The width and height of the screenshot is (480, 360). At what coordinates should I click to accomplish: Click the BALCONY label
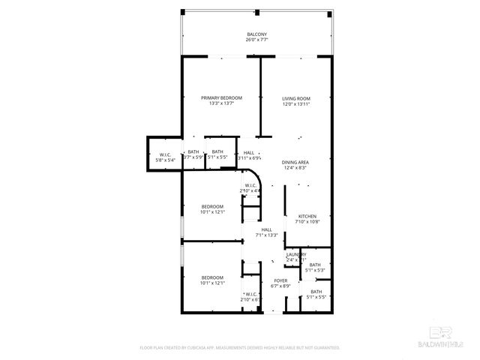pyautogui.click(x=256, y=34)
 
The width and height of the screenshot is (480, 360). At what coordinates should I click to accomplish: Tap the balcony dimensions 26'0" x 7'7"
pyautogui.click(x=256, y=40)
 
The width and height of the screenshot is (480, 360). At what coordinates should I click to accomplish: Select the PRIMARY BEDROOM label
pyautogui.click(x=221, y=98)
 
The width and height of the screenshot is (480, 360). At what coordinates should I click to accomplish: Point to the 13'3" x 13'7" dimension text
pyautogui.click(x=221, y=103)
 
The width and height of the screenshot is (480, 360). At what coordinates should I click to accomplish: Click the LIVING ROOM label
pyautogui.click(x=295, y=98)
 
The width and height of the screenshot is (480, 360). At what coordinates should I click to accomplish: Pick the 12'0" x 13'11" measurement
pyautogui.click(x=295, y=103)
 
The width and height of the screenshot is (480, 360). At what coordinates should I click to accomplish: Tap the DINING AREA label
pyautogui.click(x=295, y=162)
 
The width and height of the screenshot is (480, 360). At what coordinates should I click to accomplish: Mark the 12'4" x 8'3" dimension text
pyautogui.click(x=295, y=167)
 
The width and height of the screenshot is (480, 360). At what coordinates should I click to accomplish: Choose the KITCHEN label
pyautogui.click(x=307, y=217)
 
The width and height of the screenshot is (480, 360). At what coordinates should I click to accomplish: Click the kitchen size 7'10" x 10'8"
pyautogui.click(x=307, y=222)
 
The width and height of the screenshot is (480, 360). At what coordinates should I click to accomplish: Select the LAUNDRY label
pyautogui.click(x=295, y=254)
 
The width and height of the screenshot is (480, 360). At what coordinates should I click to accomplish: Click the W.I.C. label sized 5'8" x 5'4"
pyautogui.click(x=166, y=154)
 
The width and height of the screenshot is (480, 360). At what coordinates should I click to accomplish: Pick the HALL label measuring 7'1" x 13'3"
pyautogui.click(x=266, y=229)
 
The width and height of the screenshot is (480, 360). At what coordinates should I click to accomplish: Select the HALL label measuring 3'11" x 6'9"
pyautogui.click(x=249, y=152)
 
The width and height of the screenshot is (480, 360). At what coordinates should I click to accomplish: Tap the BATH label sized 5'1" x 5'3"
pyautogui.click(x=315, y=264)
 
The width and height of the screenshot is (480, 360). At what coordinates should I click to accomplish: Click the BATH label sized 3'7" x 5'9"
pyautogui.click(x=193, y=152)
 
